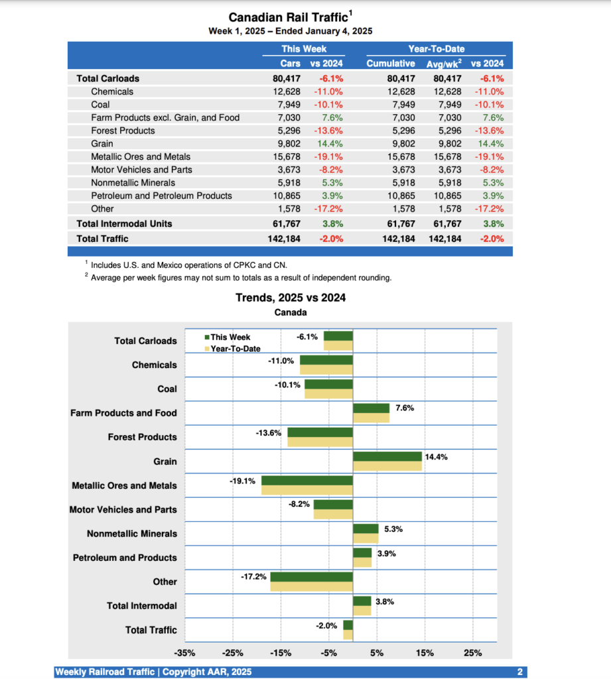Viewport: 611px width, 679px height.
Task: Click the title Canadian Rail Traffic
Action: tap(289, 18)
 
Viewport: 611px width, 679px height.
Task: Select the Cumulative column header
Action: tap(391, 64)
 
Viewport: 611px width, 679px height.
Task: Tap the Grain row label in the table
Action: tap(102, 143)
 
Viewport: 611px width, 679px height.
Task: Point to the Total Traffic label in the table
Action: tap(102, 238)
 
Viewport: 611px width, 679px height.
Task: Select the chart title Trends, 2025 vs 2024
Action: tap(291, 298)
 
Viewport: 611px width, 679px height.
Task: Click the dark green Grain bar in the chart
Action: tap(387, 456)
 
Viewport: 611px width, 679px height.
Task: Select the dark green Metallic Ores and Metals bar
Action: tap(306, 481)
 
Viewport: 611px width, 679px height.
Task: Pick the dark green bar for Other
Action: tap(311, 577)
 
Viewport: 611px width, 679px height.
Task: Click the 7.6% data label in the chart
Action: tap(405, 408)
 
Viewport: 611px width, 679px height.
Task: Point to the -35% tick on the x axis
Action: tap(185, 653)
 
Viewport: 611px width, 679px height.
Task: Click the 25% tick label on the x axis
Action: tap(473, 653)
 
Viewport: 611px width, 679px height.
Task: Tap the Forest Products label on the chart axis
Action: tap(143, 437)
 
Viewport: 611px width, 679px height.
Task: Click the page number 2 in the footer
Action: tap(520, 672)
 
